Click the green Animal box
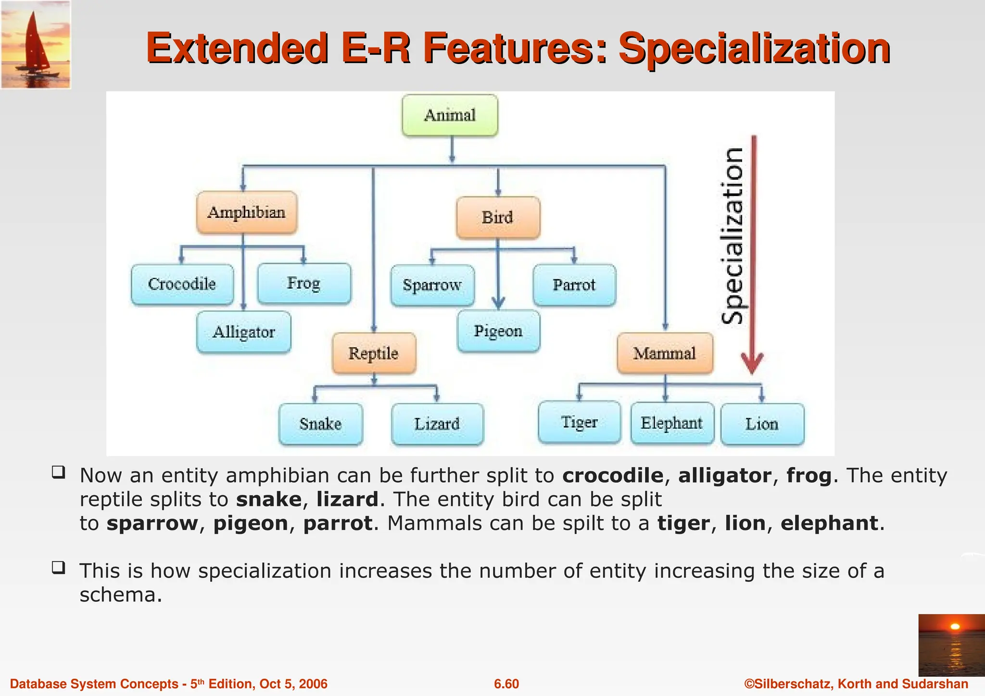[x=450, y=115]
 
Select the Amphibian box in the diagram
[x=247, y=212]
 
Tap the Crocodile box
[x=182, y=284]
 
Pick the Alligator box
[x=244, y=332]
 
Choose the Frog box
[x=304, y=284]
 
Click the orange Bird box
[x=498, y=217]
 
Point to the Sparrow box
[x=432, y=286]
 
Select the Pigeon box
[x=498, y=331]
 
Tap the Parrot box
[x=574, y=285]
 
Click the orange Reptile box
[x=374, y=353]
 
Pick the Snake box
[x=321, y=424]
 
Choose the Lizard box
[x=437, y=424]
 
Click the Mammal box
[x=665, y=353]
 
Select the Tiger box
[x=580, y=423]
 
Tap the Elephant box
[x=672, y=423]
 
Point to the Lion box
[x=762, y=424]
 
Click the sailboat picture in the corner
[x=36, y=45]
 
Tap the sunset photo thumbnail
[x=951, y=645]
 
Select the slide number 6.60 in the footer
[x=506, y=684]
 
